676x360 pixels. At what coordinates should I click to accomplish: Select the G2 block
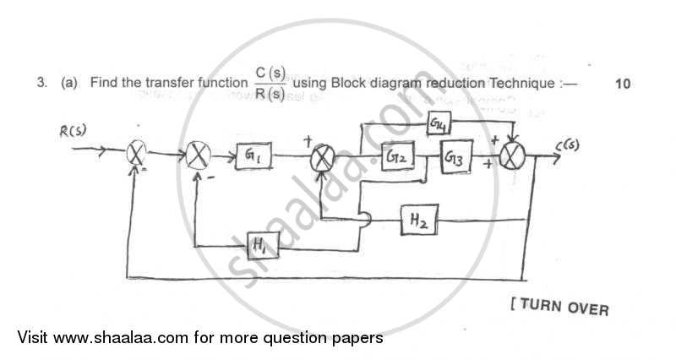pyautogui.click(x=400, y=157)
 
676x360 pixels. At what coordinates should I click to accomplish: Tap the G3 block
pyautogui.click(x=456, y=157)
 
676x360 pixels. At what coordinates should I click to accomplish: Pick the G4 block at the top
pyautogui.click(x=441, y=125)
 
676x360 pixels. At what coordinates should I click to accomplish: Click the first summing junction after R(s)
pyautogui.click(x=137, y=155)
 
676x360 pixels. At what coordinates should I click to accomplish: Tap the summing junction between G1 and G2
pyautogui.click(x=323, y=158)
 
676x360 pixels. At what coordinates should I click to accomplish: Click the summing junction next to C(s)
pyautogui.click(x=511, y=158)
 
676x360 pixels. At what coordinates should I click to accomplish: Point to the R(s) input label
pyautogui.click(x=74, y=132)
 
